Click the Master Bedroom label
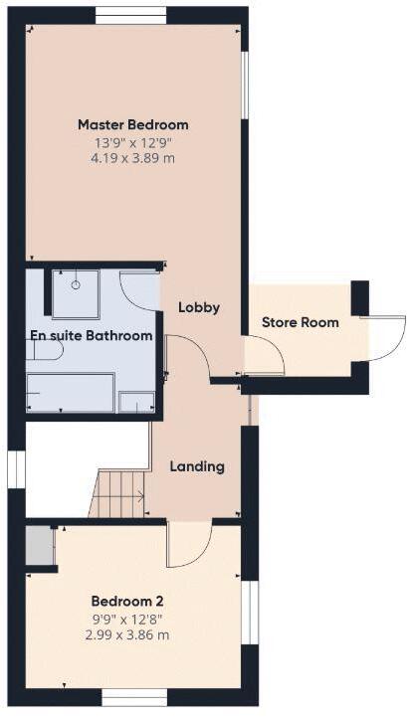(132, 125)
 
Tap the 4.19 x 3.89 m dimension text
(132, 157)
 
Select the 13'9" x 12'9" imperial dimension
(132, 142)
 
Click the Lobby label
(198, 307)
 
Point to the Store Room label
(300, 322)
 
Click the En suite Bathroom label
(92, 336)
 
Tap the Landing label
(196, 465)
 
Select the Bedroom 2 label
(126, 602)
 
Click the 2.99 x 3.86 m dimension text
(126, 633)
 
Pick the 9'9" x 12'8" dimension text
(126, 618)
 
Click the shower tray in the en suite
(76, 292)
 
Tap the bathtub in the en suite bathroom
(70, 391)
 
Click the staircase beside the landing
(118, 494)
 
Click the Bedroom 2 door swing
(189, 544)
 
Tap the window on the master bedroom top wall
(130, 15)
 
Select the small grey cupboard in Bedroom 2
(39, 545)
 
